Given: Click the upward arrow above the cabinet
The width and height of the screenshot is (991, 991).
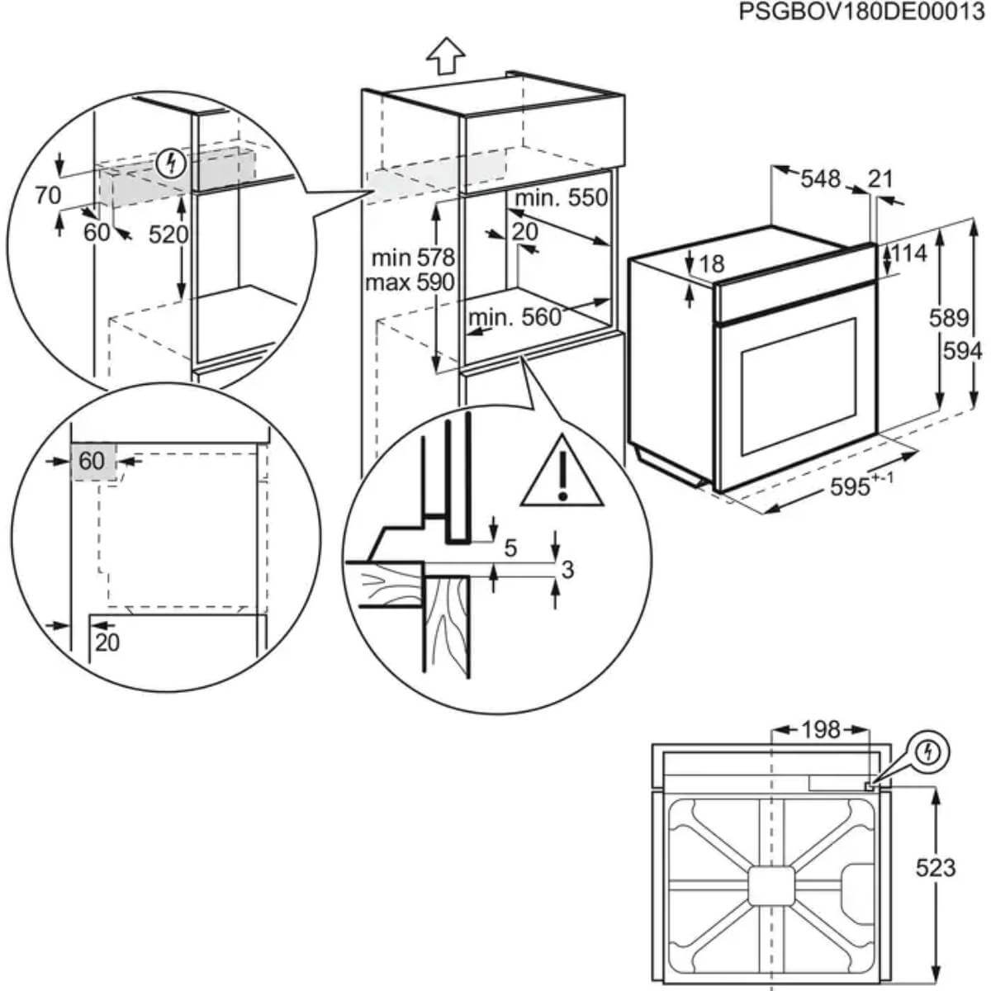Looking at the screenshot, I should pyautogui.click(x=446, y=56).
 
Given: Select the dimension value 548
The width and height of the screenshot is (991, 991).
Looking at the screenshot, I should pyautogui.click(x=820, y=178).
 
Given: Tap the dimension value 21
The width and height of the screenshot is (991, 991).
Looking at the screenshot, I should pyautogui.click(x=881, y=178).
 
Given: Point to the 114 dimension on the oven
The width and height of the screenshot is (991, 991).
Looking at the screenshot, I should pyautogui.click(x=909, y=253).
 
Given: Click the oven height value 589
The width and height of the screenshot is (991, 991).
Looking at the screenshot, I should pyautogui.click(x=948, y=318).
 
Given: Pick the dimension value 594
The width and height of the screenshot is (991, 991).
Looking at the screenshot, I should pyautogui.click(x=963, y=352).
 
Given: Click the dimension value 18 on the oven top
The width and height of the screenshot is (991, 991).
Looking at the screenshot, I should pyautogui.click(x=711, y=263).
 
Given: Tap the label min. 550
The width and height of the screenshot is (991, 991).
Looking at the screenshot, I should pyautogui.click(x=561, y=198).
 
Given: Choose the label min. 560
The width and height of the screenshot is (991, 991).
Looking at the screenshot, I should pyautogui.click(x=514, y=317).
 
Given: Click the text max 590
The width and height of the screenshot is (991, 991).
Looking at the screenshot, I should pyautogui.click(x=410, y=282).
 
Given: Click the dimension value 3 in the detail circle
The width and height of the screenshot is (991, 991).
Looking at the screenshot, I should pyautogui.click(x=567, y=569).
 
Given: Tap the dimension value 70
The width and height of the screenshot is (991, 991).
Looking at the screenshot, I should pyautogui.click(x=48, y=195).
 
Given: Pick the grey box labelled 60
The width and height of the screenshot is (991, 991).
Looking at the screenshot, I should pyautogui.click(x=92, y=461).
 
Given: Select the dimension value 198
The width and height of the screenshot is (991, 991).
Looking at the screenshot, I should pyautogui.click(x=820, y=730).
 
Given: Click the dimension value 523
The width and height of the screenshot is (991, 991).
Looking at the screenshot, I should pyautogui.click(x=935, y=867).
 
